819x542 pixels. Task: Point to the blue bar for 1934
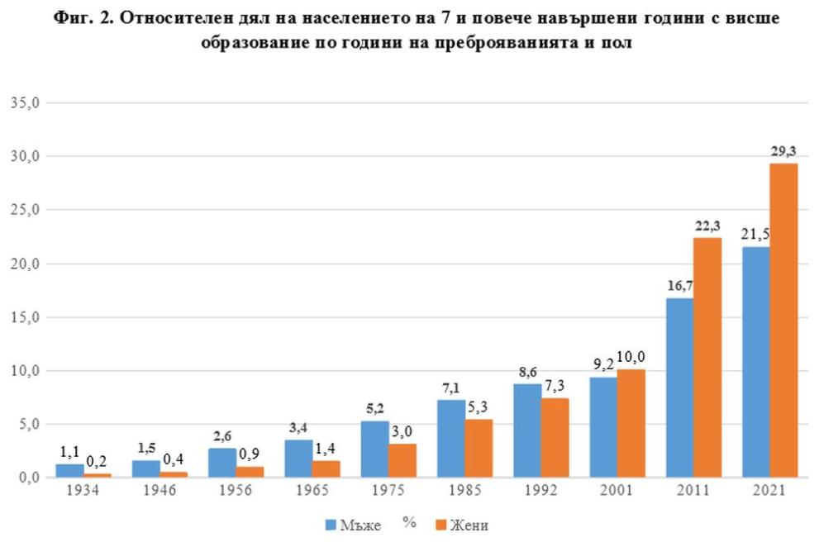coord(69,471)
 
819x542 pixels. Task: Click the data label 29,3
coord(784,152)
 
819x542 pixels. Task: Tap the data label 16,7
coord(679,286)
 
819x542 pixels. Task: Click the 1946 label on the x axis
coord(160,490)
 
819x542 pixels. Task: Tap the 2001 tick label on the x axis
coord(617,490)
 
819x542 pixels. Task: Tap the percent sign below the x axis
coord(409,522)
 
